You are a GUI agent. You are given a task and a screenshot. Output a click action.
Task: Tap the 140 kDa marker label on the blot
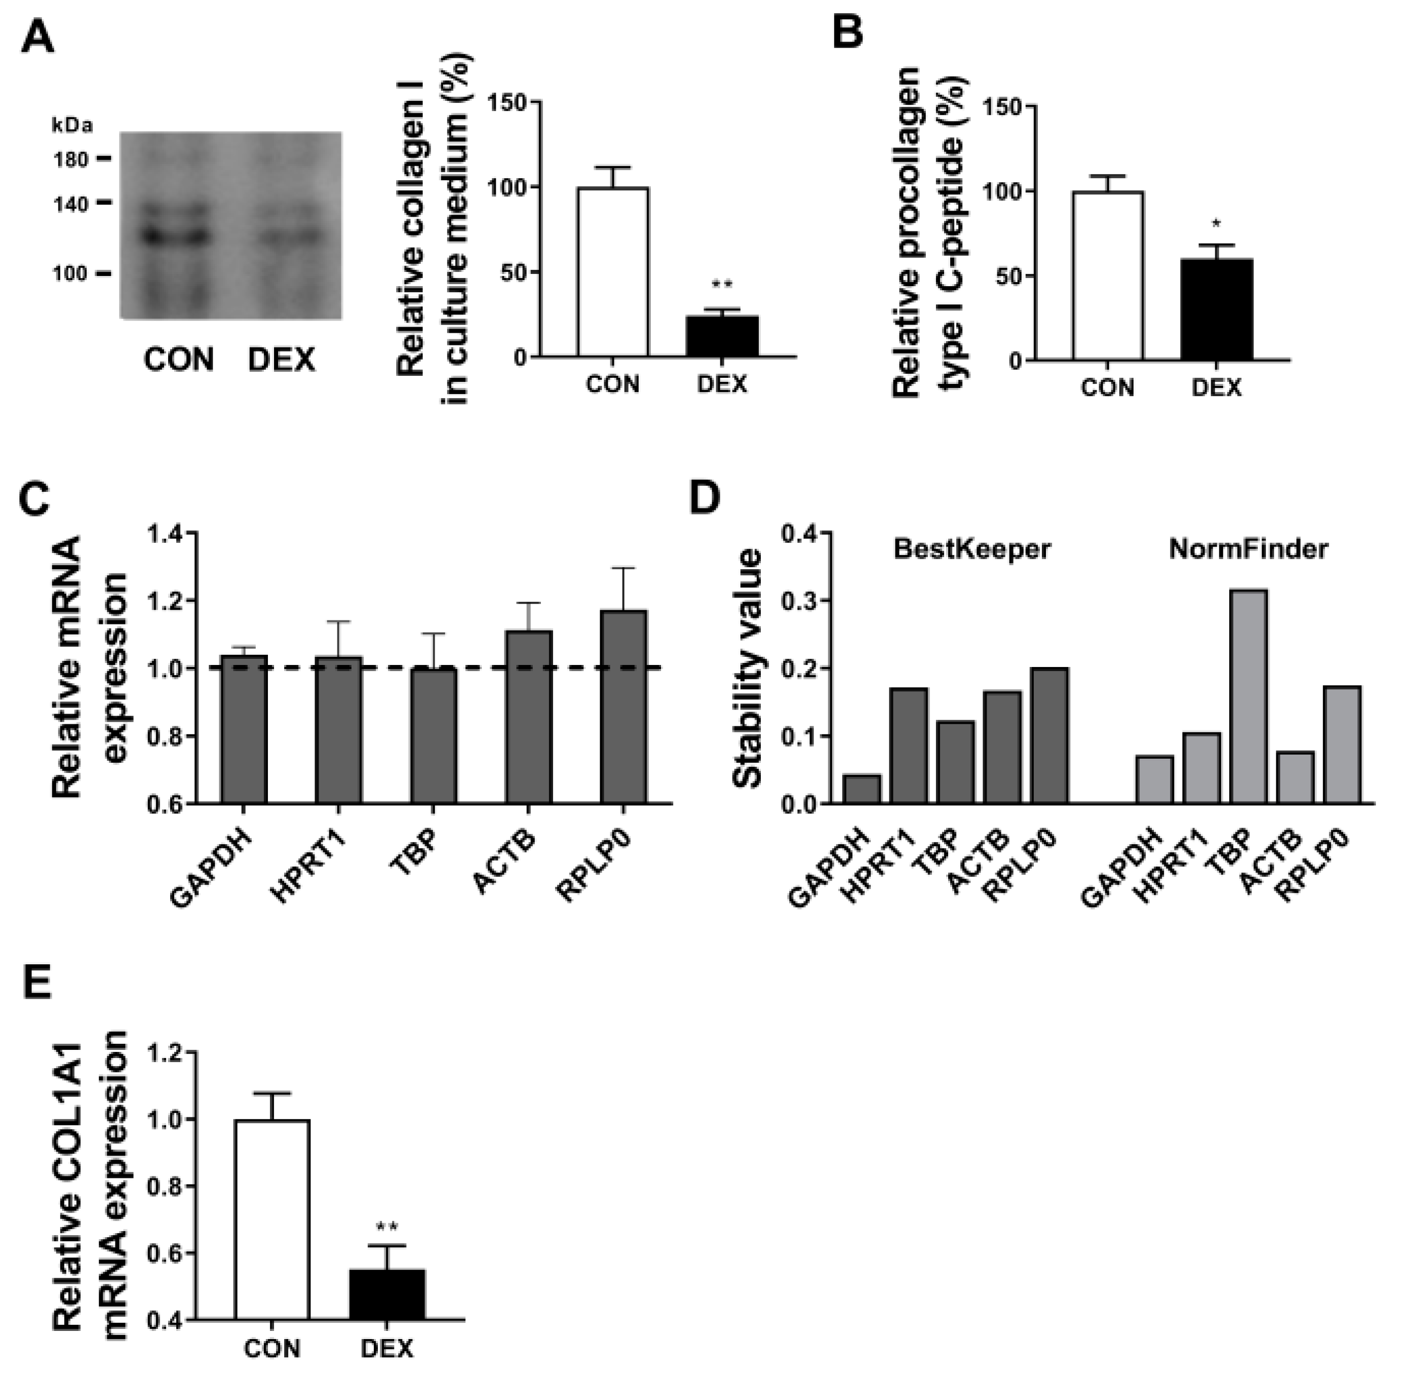pos(70,205)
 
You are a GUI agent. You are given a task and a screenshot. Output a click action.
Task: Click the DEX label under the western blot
pos(281,360)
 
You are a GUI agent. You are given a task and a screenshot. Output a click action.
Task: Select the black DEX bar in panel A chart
pos(721,336)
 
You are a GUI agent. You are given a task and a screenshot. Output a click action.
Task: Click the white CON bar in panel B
pos(1107,276)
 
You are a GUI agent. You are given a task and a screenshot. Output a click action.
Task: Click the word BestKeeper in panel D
pos(971,549)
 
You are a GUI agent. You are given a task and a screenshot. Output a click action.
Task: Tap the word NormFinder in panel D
pos(1248,549)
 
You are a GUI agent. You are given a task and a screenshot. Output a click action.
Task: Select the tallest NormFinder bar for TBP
pos(1248,696)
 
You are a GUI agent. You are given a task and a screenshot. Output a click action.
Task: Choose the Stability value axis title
pos(748,668)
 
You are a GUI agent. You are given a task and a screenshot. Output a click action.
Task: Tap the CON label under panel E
pos(271,1348)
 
